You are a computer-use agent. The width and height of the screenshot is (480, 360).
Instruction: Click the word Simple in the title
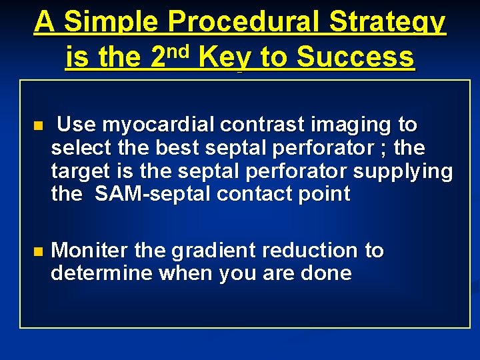111,23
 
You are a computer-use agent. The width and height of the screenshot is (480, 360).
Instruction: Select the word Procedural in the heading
246,23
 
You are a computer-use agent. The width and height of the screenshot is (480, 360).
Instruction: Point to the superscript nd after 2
179,51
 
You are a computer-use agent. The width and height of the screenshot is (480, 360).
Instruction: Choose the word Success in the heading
355,58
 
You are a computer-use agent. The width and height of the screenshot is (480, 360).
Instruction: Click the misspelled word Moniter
90,251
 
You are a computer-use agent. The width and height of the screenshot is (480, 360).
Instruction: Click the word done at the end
325,273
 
